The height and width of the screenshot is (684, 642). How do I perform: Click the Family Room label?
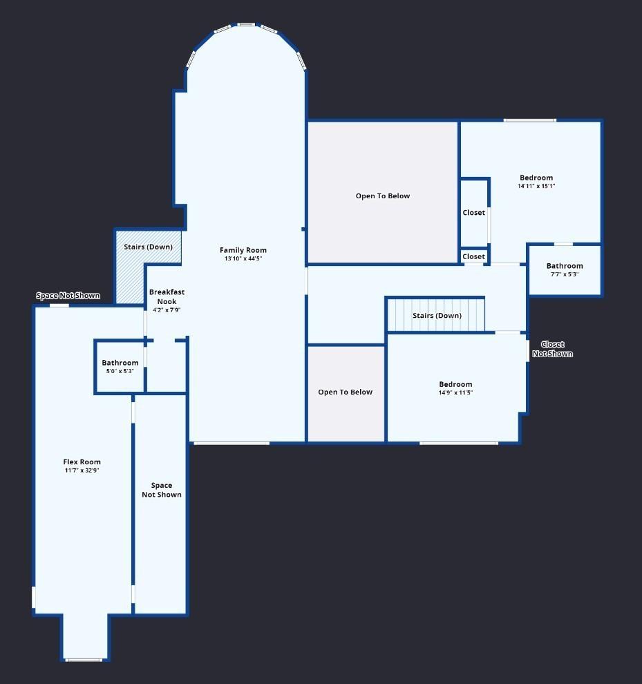(x=243, y=250)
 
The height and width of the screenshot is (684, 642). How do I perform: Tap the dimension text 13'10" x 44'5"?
(x=243, y=258)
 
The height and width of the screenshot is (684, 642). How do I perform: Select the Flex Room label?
(x=82, y=462)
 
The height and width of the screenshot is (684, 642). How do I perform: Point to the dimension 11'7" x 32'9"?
(x=82, y=471)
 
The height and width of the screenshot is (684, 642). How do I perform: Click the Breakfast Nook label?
(x=167, y=296)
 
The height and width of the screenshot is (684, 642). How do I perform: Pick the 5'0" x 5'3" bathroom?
(x=120, y=367)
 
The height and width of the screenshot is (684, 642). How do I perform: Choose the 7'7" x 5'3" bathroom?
(x=565, y=270)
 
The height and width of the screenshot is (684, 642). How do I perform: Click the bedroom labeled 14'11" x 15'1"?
(x=536, y=182)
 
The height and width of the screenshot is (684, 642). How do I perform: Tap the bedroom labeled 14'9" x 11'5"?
(x=455, y=388)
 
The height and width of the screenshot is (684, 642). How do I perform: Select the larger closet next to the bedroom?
(x=474, y=212)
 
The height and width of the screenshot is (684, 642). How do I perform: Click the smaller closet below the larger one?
(x=474, y=256)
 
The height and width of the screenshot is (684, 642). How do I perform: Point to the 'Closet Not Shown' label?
(x=553, y=349)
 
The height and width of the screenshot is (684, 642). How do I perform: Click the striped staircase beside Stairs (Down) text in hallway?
(x=436, y=315)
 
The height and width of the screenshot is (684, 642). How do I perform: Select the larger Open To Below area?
(x=383, y=192)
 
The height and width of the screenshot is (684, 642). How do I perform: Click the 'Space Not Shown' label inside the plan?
(x=162, y=490)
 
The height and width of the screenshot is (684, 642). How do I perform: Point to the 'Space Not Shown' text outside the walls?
(x=68, y=296)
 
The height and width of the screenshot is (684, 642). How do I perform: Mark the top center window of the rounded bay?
(x=246, y=24)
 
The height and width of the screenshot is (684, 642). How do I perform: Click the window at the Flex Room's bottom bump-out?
(x=84, y=660)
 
